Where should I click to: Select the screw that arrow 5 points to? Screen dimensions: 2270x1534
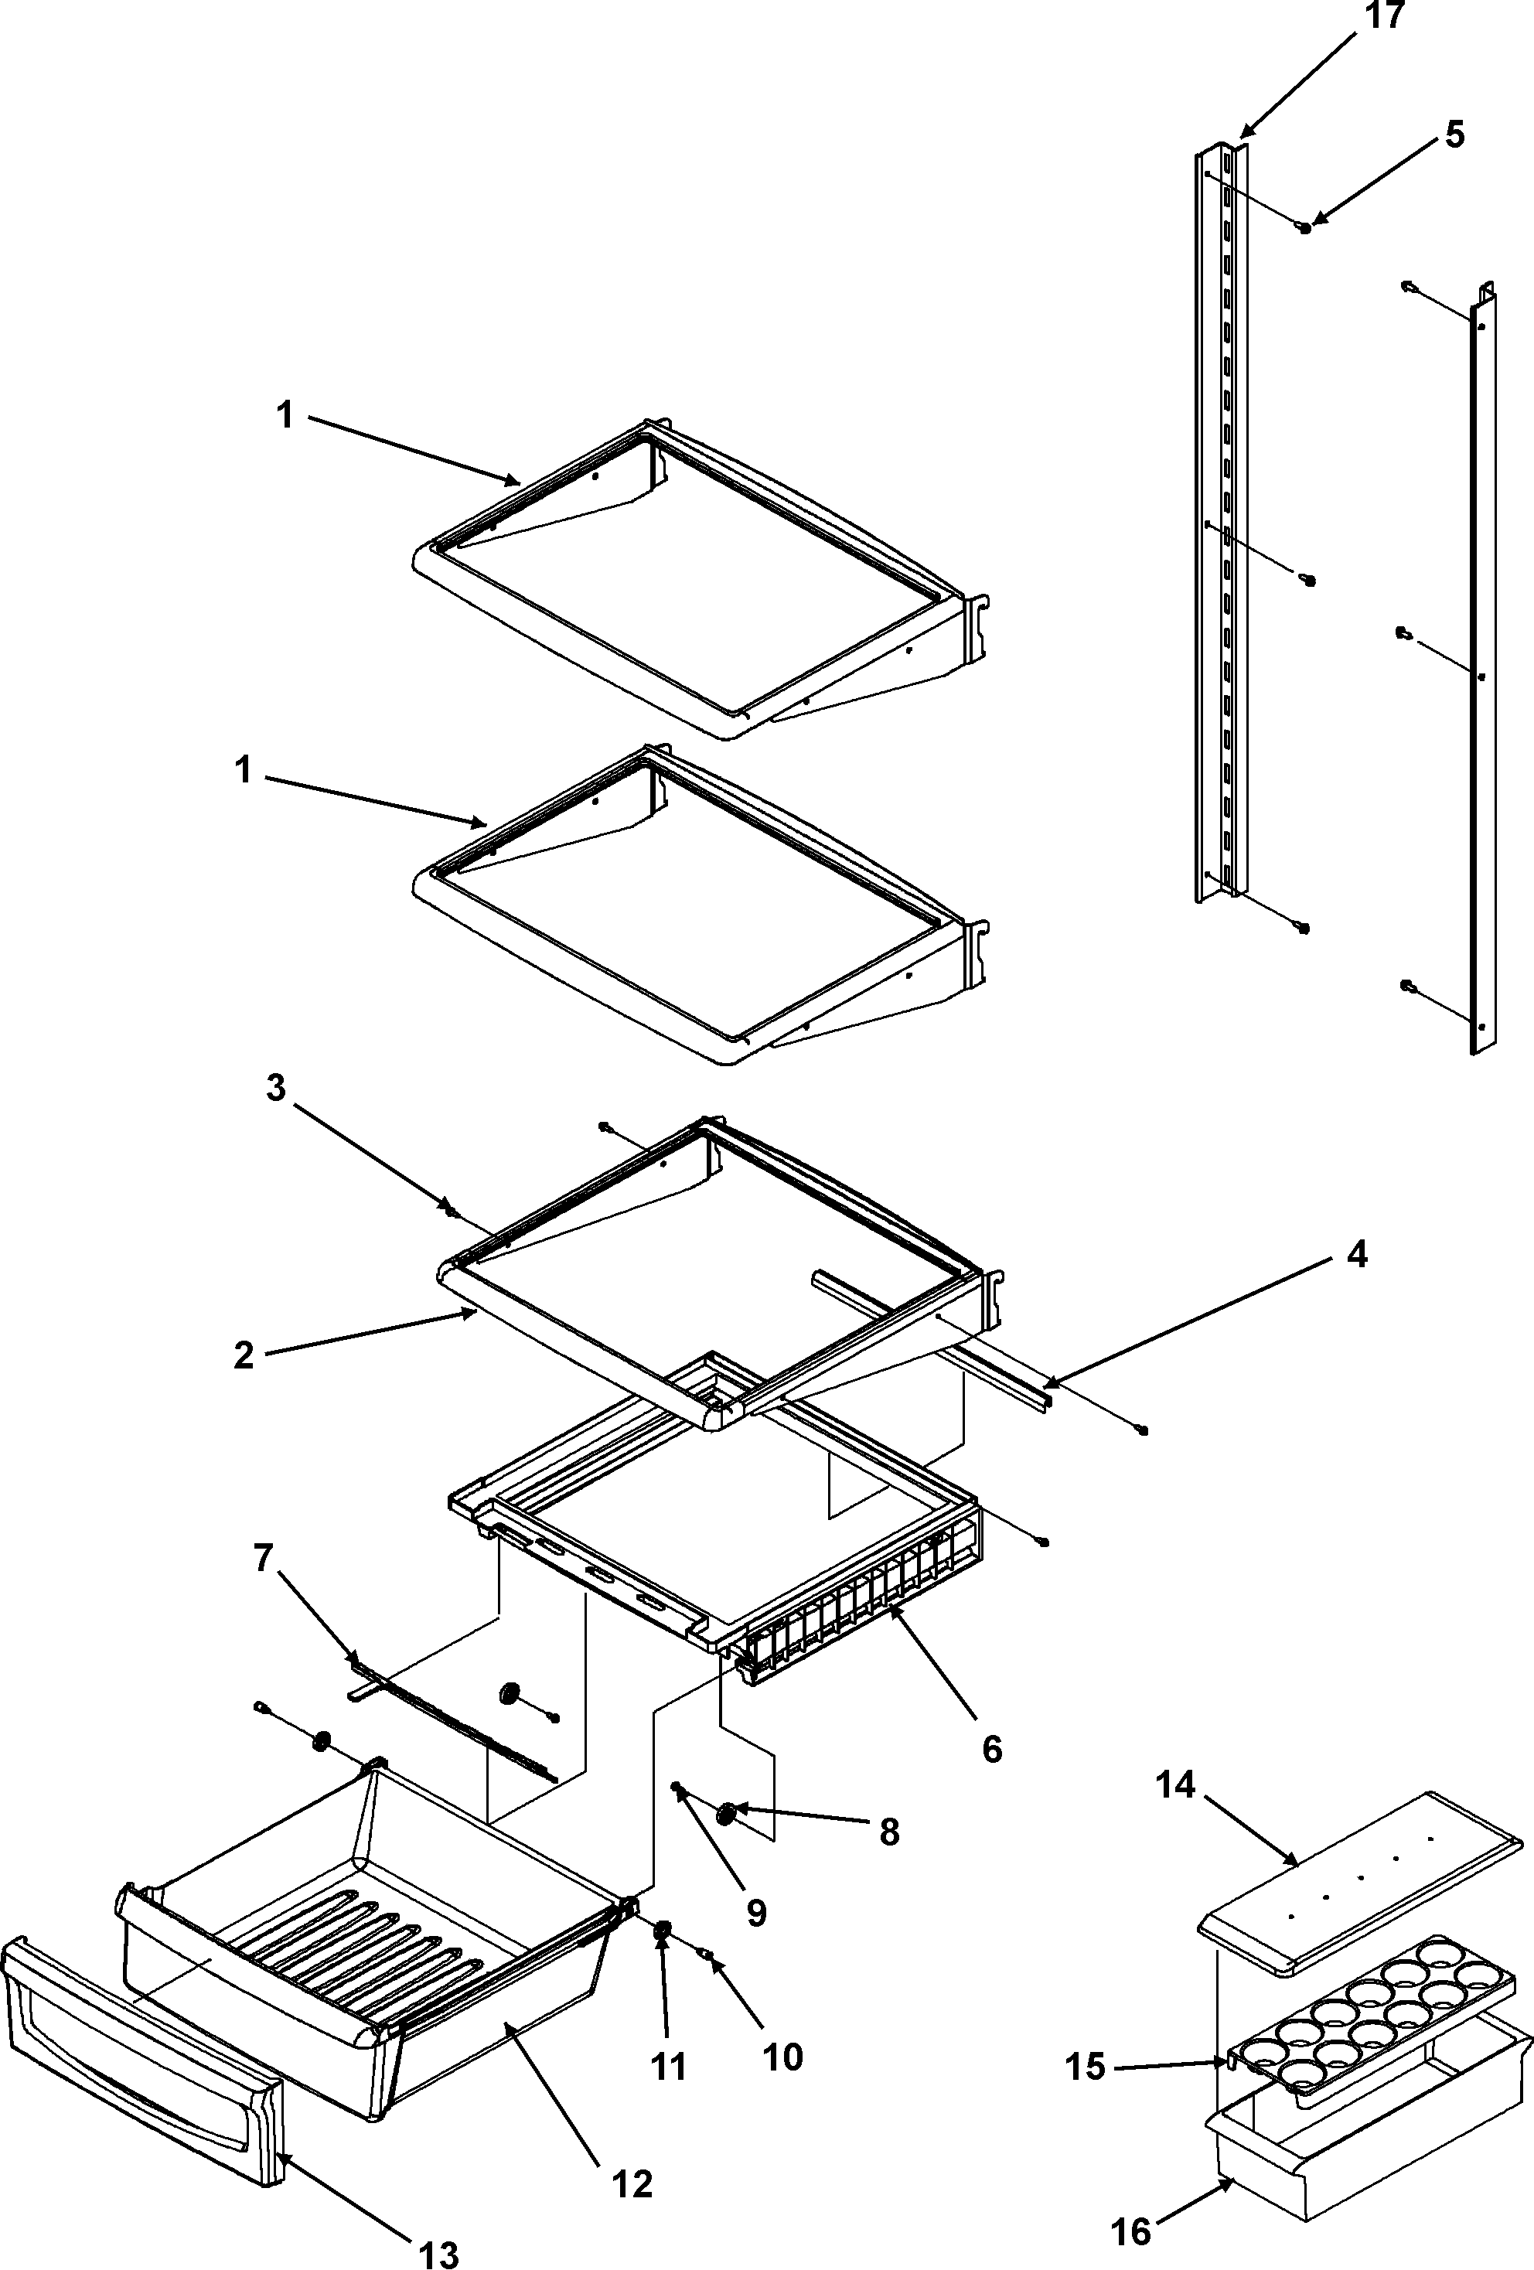1304,227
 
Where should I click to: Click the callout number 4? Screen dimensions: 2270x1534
1357,1254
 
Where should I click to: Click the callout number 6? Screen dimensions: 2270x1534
992,1748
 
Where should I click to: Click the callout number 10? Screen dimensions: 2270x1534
782,2055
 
